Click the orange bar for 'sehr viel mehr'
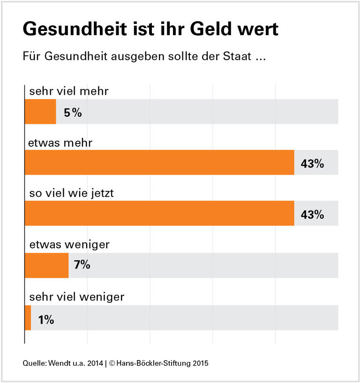(x=40, y=112)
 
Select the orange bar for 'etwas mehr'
(x=159, y=162)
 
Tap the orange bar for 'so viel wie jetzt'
(x=159, y=213)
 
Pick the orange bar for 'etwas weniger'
(x=46, y=265)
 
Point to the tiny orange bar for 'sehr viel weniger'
(x=28, y=318)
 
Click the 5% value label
(x=73, y=113)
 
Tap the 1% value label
(x=46, y=320)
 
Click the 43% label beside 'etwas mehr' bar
(x=312, y=164)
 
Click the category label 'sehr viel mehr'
(x=68, y=91)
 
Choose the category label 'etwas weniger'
(x=69, y=244)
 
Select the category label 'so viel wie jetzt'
(x=71, y=193)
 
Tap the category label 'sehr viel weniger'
(x=76, y=296)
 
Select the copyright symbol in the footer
(x=112, y=363)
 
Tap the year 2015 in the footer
(x=200, y=363)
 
